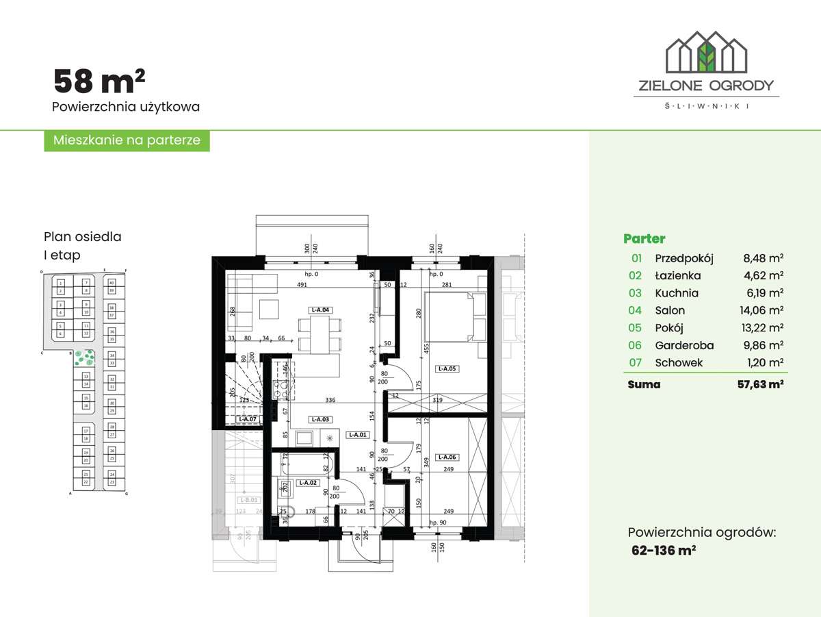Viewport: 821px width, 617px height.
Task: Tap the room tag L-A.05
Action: (448, 368)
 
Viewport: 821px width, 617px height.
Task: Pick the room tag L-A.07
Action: (248, 419)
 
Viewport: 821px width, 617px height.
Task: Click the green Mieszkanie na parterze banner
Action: (127, 140)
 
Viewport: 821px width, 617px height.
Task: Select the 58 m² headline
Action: (99, 81)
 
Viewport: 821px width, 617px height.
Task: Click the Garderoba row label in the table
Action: (684, 346)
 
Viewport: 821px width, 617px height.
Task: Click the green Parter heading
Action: (644, 239)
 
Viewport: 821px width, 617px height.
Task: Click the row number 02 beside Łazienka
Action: (636, 276)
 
